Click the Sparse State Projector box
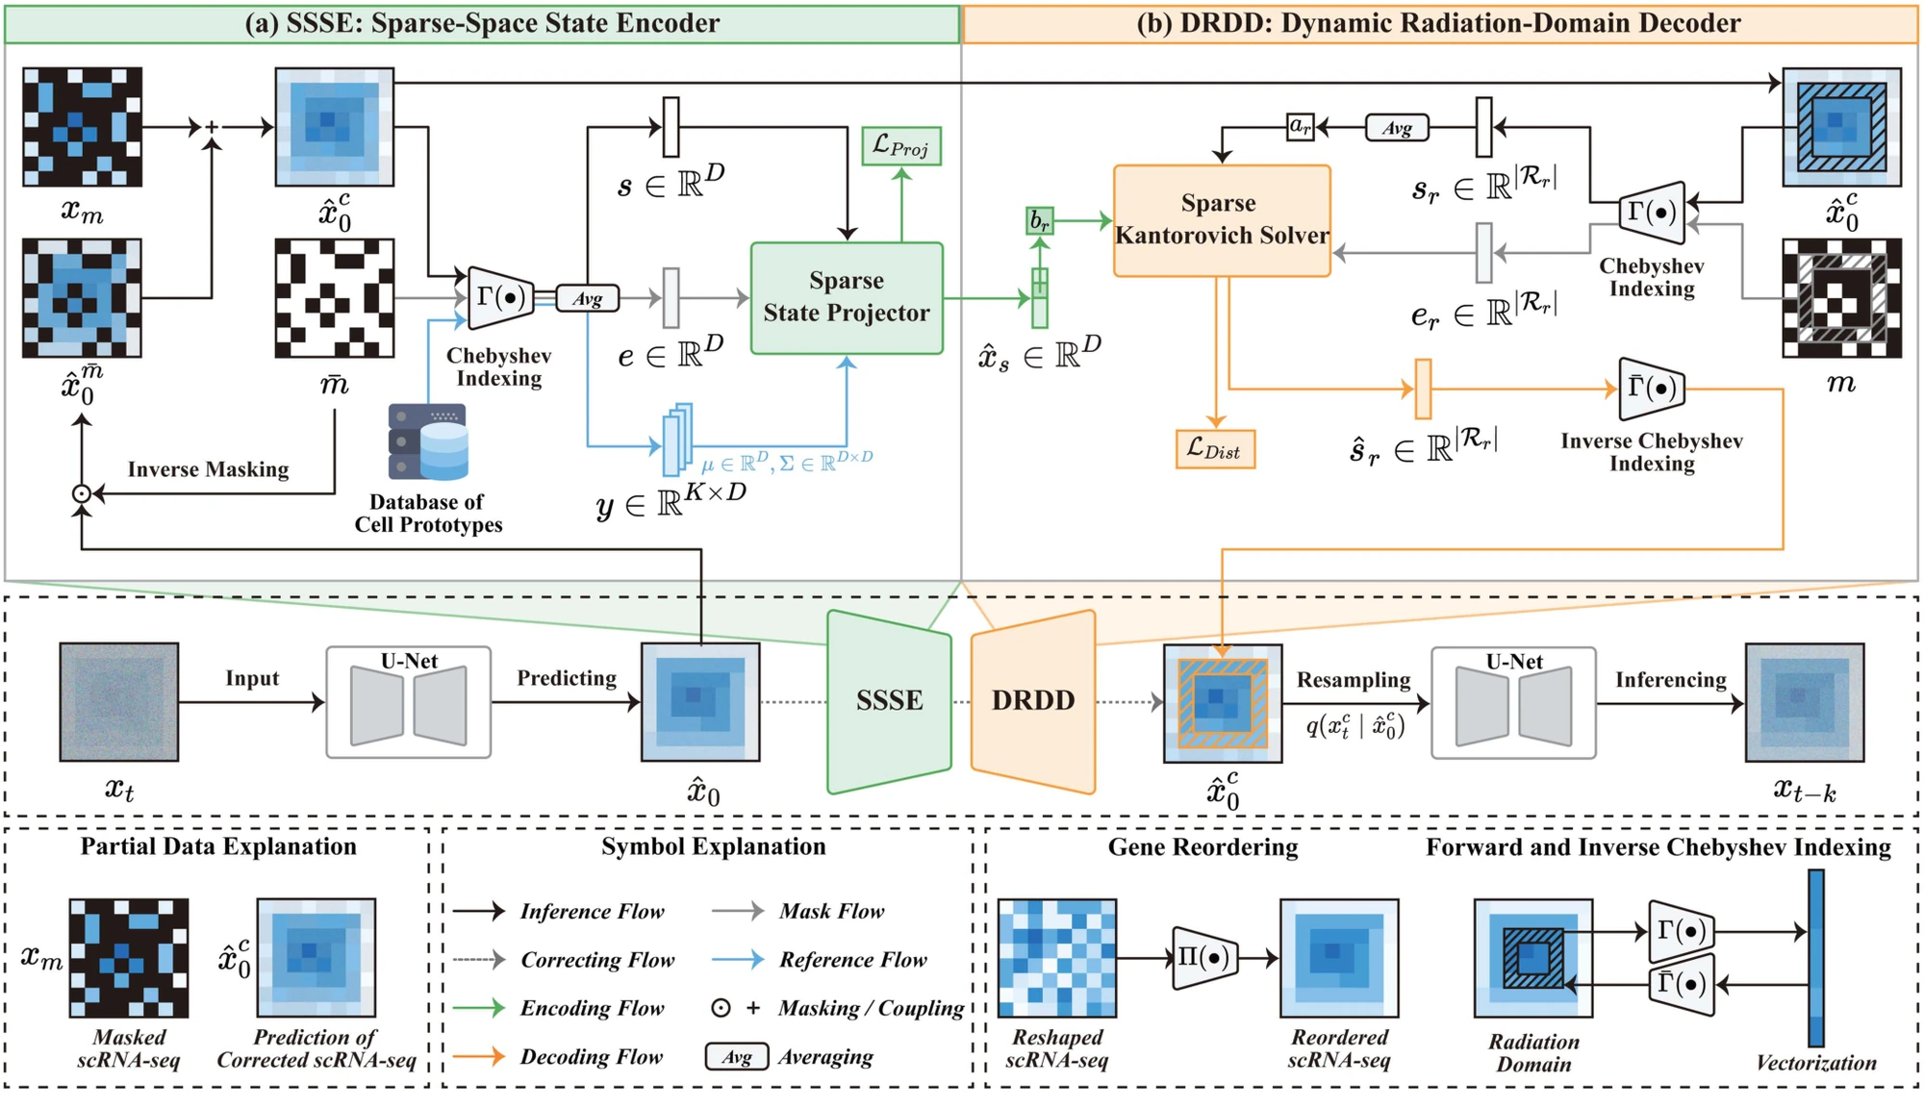pyautogui.click(x=847, y=298)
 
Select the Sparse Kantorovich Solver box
pyautogui.click(x=1222, y=220)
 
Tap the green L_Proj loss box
pyautogui.click(x=901, y=146)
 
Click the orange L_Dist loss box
pyautogui.click(x=1215, y=449)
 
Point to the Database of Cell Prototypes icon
pyautogui.click(x=428, y=441)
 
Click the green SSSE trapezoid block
pyautogui.click(x=890, y=701)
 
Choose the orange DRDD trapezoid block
pyautogui.click(x=1033, y=701)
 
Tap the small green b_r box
pyautogui.click(x=1040, y=221)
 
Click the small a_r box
pyautogui.click(x=1301, y=126)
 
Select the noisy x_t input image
pyautogui.click(x=119, y=702)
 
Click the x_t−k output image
pyautogui.click(x=1805, y=702)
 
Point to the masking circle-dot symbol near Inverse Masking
pyautogui.click(x=82, y=493)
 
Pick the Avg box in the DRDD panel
pyautogui.click(x=1397, y=127)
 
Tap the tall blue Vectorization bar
pyautogui.click(x=1816, y=958)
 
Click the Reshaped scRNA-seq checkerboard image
pyautogui.click(x=1057, y=958)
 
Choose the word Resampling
pyautogui.click(x=1354, y=680)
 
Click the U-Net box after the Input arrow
pyautogui.click(x=409, y=702)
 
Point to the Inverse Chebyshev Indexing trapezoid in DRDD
pyautogui.click(x=1653, y=389)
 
